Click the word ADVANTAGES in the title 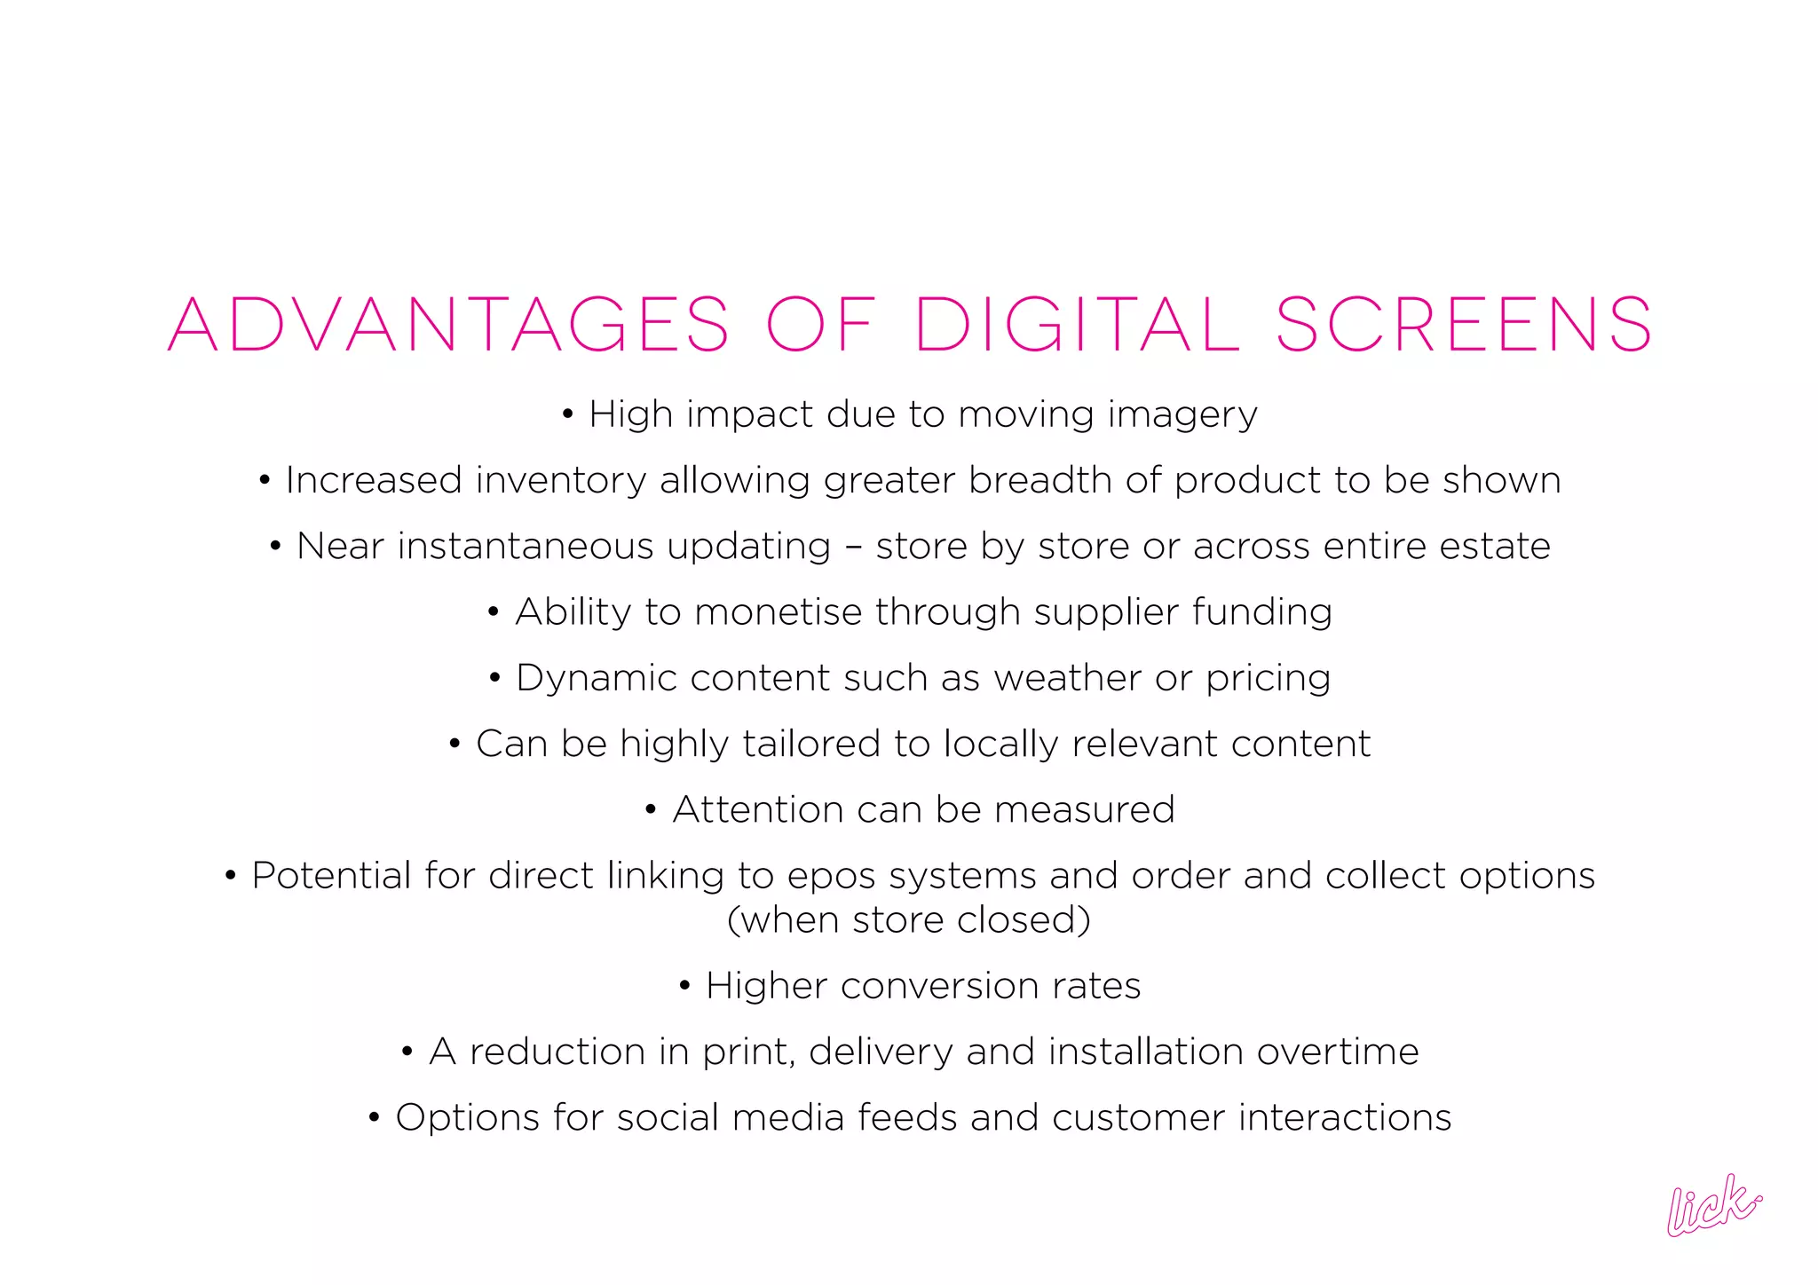click(x=448, y=325)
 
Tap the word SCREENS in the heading click(x=1464, y=325)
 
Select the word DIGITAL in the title click(x=1077, y=325)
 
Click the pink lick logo click(x=1712, y=1204)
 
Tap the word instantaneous click(x=613, y=547)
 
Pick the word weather click(x=1068, y=678)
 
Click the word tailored click(x=810, y=744)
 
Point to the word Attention click(x=757, y=809)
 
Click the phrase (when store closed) click(x=909, y=919)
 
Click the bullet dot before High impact click(x=568, y=414)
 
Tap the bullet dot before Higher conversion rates click(x=684, y=986)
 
